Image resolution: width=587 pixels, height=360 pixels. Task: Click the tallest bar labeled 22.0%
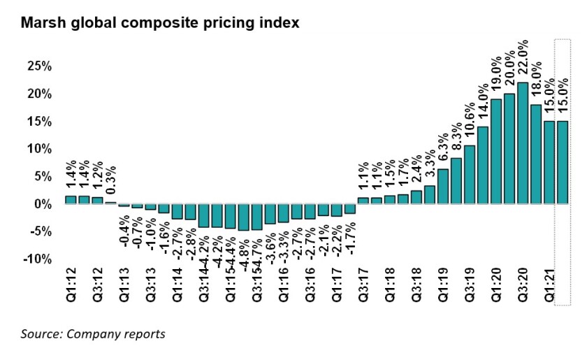(522, 143)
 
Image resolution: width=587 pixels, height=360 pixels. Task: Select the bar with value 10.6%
(470, 175)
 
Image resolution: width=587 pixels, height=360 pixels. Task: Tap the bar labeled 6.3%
(443, 187)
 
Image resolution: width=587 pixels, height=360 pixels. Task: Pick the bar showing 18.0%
(535, 154)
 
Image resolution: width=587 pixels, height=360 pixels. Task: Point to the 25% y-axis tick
(38, 66)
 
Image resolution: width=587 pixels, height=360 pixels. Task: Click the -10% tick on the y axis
(36, 259)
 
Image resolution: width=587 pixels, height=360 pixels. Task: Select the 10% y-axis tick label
(38, 149)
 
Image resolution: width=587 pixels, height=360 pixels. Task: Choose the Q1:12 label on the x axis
(71, 286)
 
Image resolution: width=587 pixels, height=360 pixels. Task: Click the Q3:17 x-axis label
(363, 286)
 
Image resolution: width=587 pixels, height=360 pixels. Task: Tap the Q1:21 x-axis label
(549, 286)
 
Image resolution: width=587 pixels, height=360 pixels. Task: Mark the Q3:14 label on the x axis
(203, 286)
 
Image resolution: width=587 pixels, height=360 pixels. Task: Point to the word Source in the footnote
(41, 333)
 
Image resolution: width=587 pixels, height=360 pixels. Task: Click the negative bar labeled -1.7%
(350, 208)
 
